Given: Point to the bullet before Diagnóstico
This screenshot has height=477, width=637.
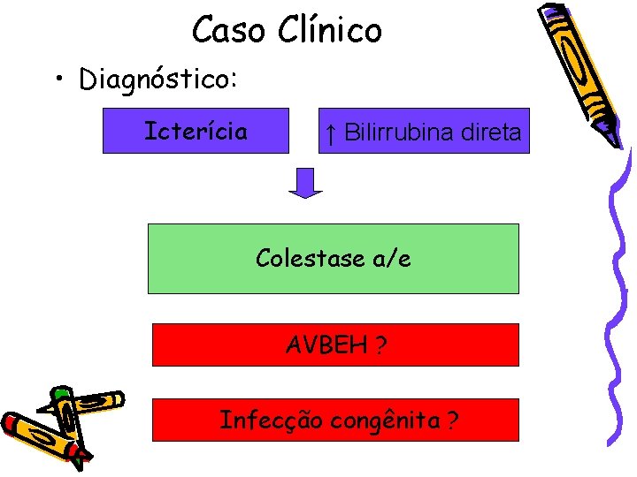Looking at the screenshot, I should [x=58, y=80].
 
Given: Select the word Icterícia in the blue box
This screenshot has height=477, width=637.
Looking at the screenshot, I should [x=196, y=132].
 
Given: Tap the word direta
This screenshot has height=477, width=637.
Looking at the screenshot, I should [x=495, y=132].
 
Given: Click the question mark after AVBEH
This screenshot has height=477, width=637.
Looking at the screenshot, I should [x=380, y=344].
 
